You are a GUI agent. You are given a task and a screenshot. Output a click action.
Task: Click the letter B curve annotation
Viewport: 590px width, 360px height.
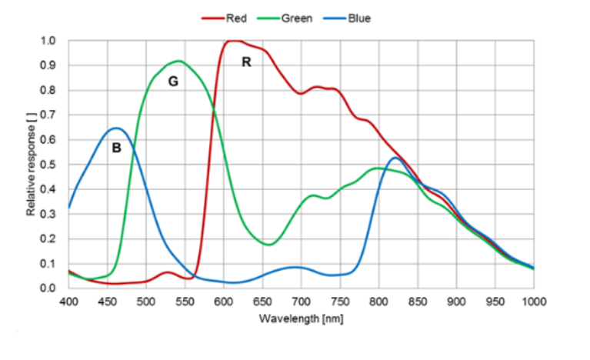tap(117, 148)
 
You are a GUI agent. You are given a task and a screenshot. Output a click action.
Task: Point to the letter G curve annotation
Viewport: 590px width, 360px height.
tap(173, 81)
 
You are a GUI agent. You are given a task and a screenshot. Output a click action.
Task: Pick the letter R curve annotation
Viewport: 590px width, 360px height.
tap(246, 62)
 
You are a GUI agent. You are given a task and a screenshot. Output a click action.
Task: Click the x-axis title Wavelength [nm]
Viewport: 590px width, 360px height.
tap(300, 318)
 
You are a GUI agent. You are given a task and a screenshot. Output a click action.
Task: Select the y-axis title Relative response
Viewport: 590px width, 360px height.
tap(32, 165)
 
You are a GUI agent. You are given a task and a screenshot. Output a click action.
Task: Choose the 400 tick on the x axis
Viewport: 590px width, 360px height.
tap(69, 301)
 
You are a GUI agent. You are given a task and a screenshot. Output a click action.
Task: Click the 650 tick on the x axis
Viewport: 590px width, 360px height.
tap(262, 301)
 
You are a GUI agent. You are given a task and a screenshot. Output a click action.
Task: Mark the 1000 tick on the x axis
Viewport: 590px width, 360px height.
tap(532, 301)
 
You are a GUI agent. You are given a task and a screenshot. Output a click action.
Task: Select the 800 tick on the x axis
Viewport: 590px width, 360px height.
tap(378, 301)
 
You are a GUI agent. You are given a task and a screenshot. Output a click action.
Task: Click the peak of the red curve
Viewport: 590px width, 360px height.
tap(233, 41)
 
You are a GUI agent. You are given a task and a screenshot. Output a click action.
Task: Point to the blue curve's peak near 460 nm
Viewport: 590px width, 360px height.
tap(116, 128)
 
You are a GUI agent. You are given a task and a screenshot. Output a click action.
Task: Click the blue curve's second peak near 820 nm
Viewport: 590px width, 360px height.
tap(395, 158)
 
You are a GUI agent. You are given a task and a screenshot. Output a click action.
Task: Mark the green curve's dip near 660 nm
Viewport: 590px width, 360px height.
tap(268, 244)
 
